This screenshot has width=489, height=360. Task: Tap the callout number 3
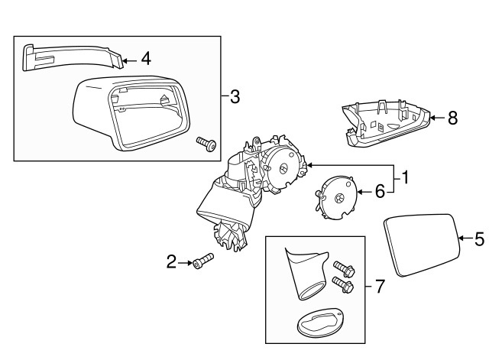(x=235, y=96)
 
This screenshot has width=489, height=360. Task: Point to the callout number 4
(x=145, y=57)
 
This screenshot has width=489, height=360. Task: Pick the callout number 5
(x=479, y=239)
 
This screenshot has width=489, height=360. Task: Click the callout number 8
(x=452, y=118)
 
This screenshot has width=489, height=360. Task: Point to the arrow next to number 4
(x=128, y=57)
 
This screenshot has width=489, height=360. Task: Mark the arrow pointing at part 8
(x=436, y=118)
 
